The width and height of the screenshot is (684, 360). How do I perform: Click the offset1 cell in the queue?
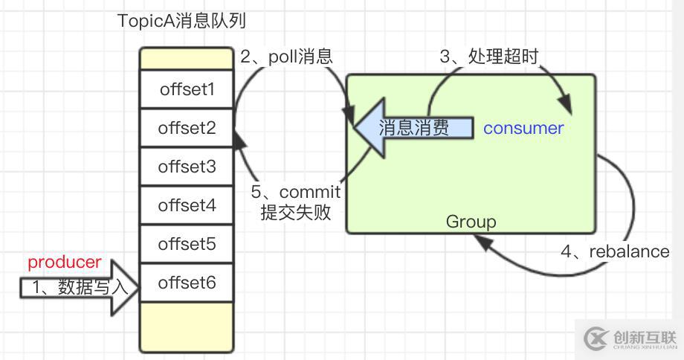coord(187,89)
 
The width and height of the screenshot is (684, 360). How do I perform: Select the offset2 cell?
coord(187,128)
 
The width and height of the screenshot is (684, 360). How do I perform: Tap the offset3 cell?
coord(187,167)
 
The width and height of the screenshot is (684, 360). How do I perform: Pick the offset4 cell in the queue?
coord(187,205)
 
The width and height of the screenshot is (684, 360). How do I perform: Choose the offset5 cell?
coord(187,244)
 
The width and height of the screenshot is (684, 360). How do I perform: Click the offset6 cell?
coord(187,283)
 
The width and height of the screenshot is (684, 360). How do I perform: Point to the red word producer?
coord(65,263)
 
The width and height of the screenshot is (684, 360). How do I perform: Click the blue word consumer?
coord(523,128)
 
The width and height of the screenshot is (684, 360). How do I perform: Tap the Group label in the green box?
coord(471,222)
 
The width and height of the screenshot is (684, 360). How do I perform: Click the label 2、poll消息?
coord(285,57)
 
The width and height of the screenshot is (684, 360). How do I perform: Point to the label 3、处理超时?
coord(488,57)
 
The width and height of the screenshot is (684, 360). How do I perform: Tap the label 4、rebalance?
coord(615,251)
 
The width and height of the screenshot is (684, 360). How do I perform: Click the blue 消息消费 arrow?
coord(413,128)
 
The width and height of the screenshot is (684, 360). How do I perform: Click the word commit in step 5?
coord(310,192)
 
